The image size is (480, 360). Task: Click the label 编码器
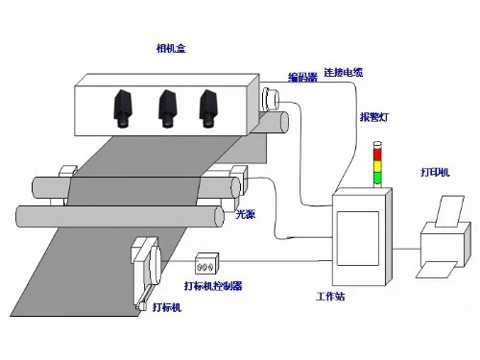pyautogui.click(x=302, y=77)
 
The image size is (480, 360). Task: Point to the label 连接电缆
pyautogui.click(x=345, y=72)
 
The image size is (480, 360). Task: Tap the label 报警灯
pyautogui.click(x=374, y=117)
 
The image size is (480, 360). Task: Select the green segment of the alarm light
pyautogui.click(x=377, y=178)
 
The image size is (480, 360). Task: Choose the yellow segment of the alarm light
pyautogui.click(x=377, y=166)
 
